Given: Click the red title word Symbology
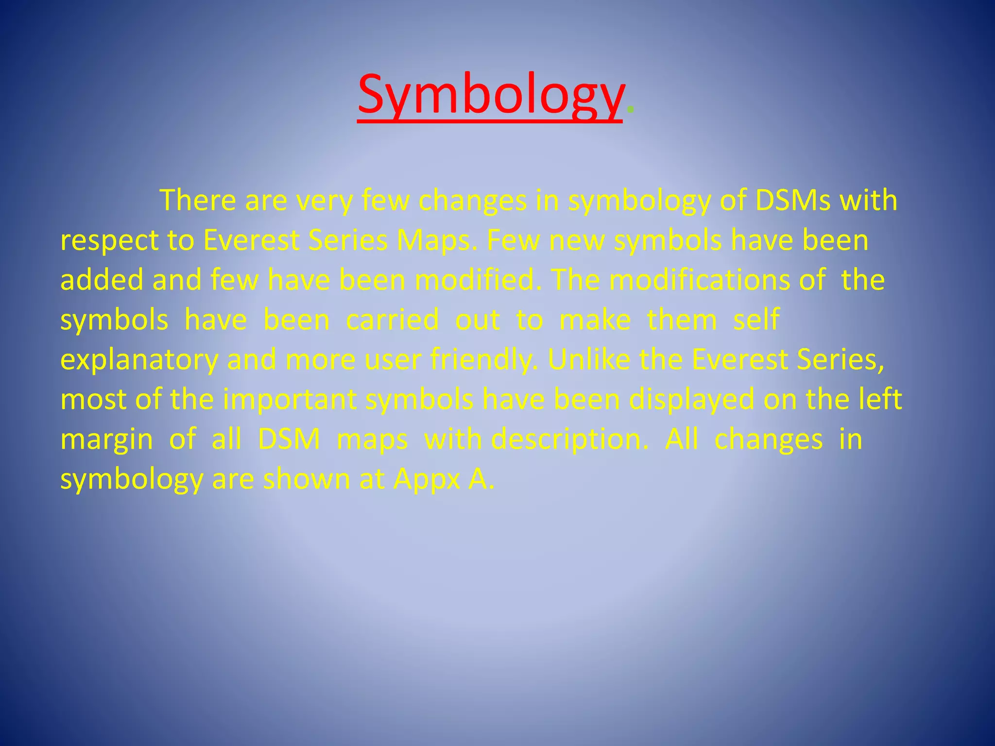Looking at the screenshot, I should [x=490, y=95].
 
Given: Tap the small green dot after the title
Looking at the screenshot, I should [x=630, y=110].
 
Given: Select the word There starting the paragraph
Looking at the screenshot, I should [x=198, y=200].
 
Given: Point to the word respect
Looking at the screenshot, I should [x=109, y=241].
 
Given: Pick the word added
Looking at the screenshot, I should [x=102, y=280].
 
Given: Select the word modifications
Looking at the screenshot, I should [x=699, y=280].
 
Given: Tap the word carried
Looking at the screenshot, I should [x=392, y=320].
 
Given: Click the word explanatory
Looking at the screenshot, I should [x=139, y=360].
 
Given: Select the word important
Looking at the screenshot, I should [x=290, y=400].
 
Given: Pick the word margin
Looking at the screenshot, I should [x=107, y=440].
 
